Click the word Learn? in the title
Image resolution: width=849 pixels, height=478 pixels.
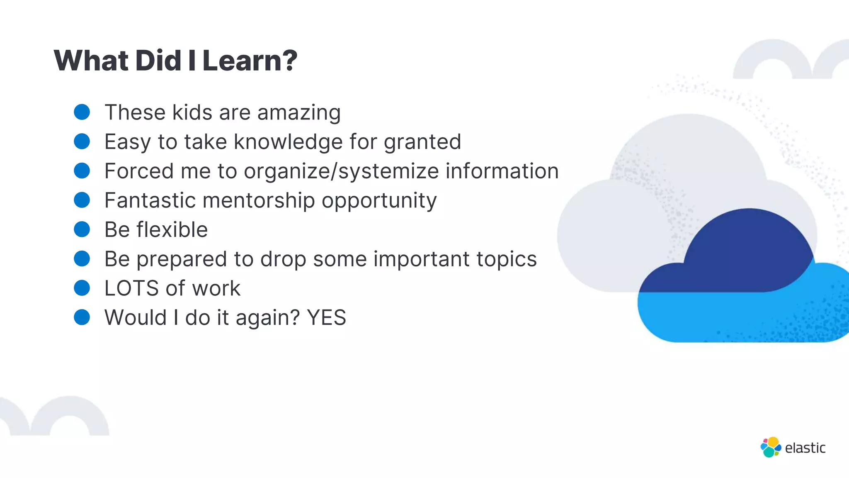(x=250, y=61)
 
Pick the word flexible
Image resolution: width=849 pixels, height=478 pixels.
(x=172, y=229)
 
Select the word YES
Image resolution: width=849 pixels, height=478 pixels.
(x=326, y=318)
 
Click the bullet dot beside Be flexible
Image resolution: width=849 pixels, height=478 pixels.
(x=82, y=229)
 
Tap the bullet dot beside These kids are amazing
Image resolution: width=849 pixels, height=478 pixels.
(x=82, y=112)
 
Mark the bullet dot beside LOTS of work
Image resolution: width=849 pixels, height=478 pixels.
(x=82, y=288)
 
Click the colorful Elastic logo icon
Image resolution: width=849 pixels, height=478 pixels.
(x=771, y=447)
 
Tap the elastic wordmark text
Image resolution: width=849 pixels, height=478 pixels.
(x=805, y=448)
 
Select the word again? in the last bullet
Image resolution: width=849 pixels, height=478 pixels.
(x=267, y=318)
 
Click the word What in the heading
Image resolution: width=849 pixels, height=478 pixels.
(x=91, y=61)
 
